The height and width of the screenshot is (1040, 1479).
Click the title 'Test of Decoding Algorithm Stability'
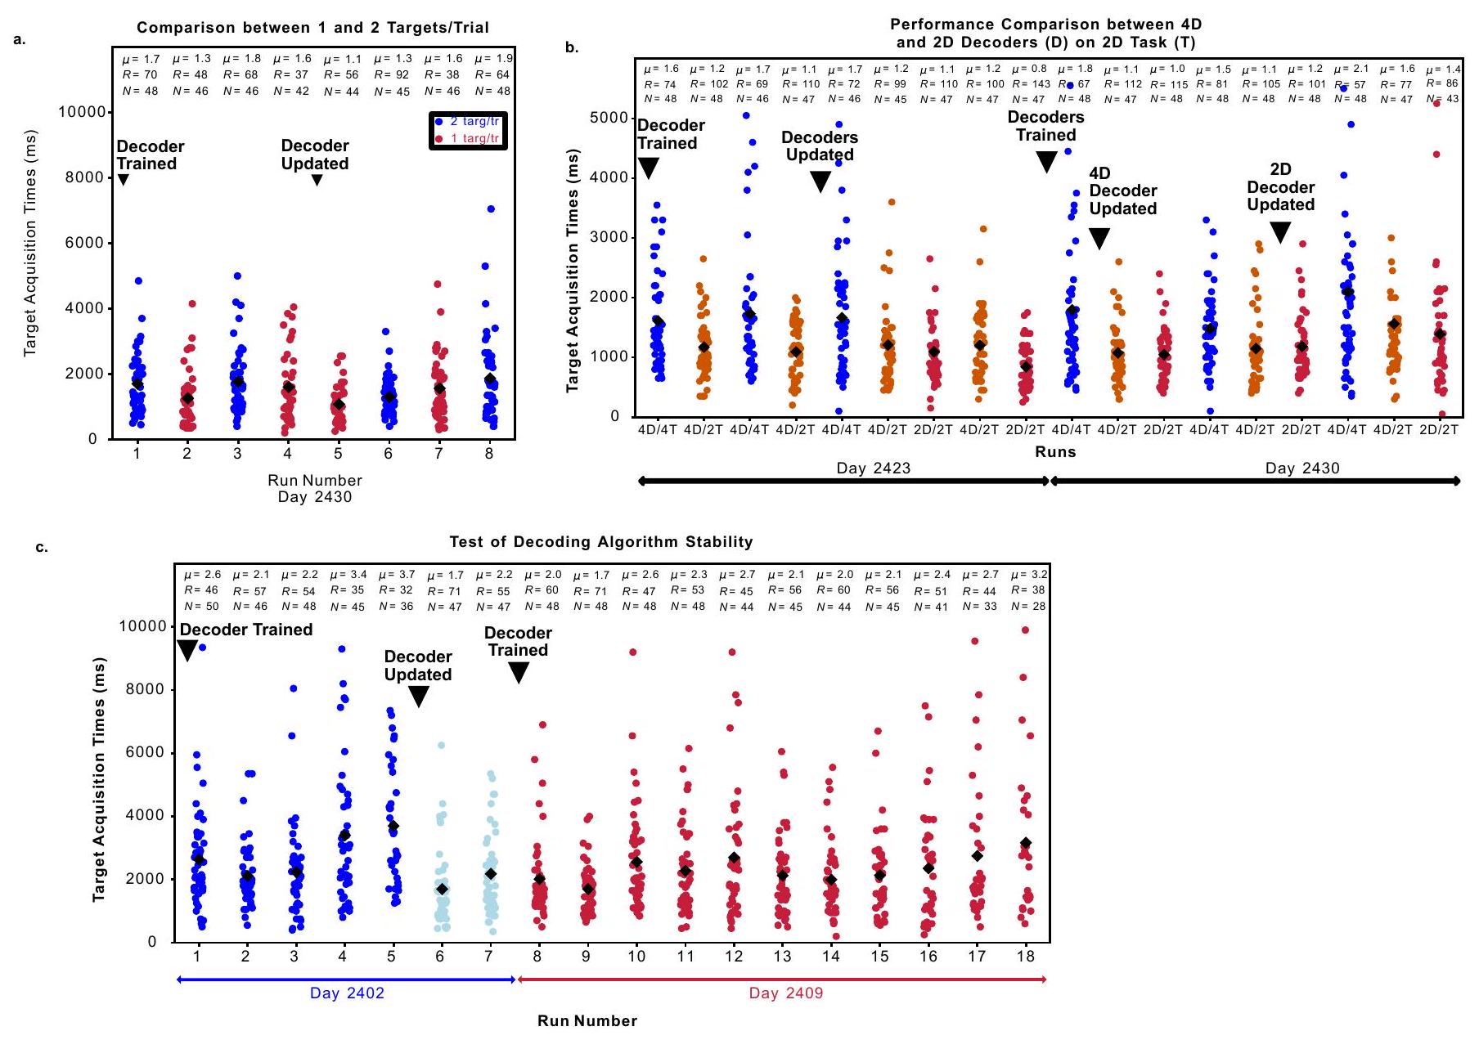(x=601, y=542)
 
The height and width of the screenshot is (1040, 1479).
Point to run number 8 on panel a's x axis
(x=489, y=454)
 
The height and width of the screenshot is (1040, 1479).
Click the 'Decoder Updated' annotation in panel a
(x=315, y=155)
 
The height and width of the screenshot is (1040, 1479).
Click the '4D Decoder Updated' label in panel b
(x=1122, y=191)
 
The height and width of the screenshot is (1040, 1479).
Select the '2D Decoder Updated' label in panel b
(x=1280, y=187)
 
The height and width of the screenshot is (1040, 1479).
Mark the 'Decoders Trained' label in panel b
(x=1045, y=126)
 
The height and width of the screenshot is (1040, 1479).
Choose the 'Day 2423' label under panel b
(x=873, y=468)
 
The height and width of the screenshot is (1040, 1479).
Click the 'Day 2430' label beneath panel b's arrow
(x=1302, y=468)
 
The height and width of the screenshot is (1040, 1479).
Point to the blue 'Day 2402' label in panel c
(x=347, y=993)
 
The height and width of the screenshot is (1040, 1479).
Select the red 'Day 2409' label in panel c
(x=785, y=993)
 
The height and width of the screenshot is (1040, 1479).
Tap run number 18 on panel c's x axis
(x=1025, y=957)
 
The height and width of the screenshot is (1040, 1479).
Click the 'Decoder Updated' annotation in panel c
(x=418, y=666)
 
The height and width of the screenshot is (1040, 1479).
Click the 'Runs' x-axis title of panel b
(x=1055, y=452)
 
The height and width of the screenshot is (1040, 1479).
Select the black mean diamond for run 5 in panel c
(x=393, y=827)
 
